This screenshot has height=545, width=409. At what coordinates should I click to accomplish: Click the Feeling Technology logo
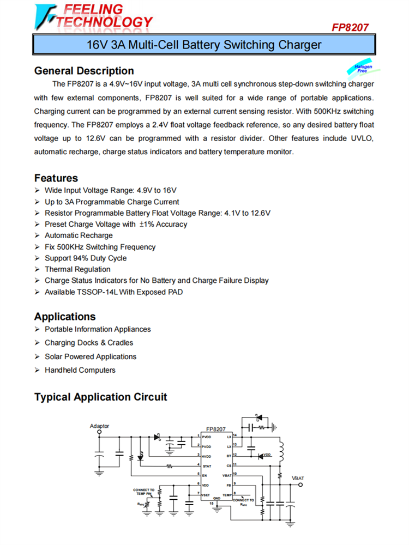coord(93,16)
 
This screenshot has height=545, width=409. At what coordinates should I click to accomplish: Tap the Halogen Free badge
coord(362,69)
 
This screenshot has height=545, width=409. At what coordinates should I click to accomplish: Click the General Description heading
coord(84,71)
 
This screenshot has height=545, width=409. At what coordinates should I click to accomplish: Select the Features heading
coord(56,178)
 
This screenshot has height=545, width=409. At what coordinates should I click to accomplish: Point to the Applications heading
coord(65,317)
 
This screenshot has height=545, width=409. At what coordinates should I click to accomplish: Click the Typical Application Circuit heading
coord(101,397)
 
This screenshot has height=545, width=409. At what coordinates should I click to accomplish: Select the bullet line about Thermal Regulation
coord(77,269)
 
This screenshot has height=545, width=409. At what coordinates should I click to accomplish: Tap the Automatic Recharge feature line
coord(79,235)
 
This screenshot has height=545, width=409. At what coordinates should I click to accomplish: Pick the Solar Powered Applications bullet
coord(91,356)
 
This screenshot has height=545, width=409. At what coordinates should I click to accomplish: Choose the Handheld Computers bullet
coord(80,370)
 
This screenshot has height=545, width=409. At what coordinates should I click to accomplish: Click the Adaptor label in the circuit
coord(99,426)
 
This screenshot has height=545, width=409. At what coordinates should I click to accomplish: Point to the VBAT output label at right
coord(298,478)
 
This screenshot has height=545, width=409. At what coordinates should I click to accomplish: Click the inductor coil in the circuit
coord(281,452)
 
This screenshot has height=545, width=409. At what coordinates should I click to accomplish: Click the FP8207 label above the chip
coord(216,429)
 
